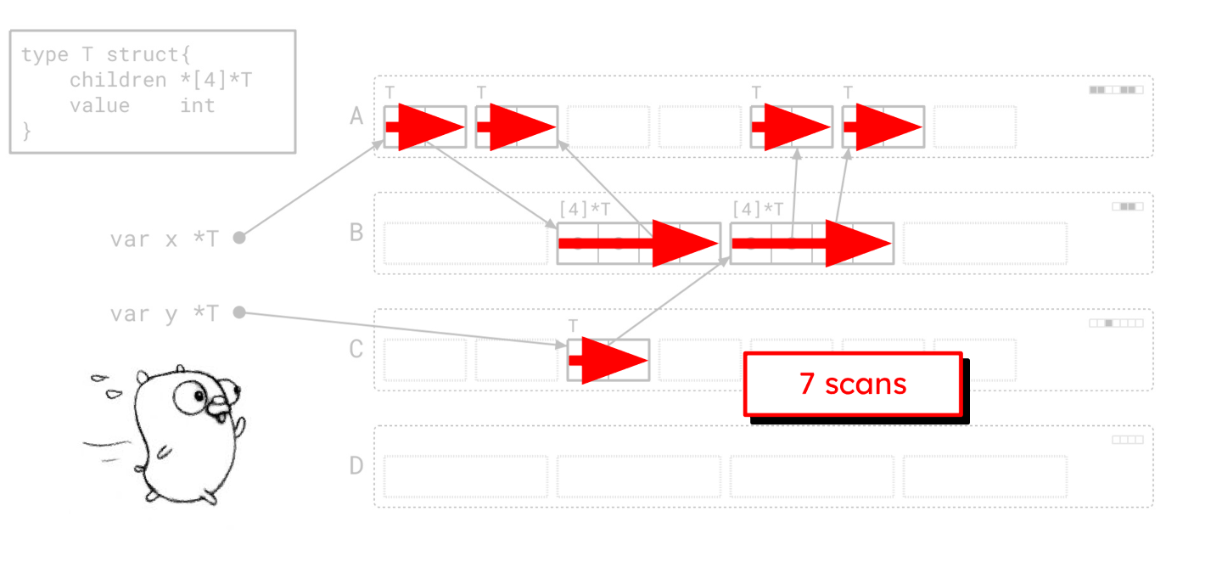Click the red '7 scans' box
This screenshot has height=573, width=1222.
853,385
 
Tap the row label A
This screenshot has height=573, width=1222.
357,115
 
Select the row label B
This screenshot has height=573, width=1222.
357,232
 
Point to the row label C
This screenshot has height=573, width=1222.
357,349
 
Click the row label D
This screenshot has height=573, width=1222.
357,465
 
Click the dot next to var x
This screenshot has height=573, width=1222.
239,239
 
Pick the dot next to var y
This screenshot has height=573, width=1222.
239,312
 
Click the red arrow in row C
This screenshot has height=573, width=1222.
609,360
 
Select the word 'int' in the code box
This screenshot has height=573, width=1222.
197,105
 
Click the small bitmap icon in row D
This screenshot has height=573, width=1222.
1128,440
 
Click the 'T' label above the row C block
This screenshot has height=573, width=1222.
573,326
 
